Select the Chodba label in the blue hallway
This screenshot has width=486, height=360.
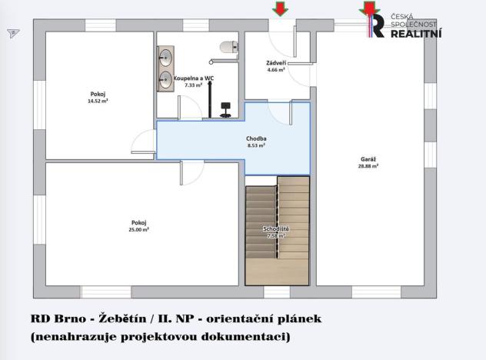tap(257, 138)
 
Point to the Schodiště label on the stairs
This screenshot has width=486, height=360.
tap(276, 230)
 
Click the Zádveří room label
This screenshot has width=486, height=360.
tap(276, 62)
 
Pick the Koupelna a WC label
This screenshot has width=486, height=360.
tap(193, 78)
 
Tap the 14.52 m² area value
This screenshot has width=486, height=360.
tap(98, 101)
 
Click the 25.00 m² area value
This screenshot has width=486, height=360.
tap(139, 229)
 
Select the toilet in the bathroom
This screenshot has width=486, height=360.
tap(226, 47)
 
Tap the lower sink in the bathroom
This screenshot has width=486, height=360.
tap(165, 77)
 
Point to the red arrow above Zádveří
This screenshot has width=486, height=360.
tap(279, 9)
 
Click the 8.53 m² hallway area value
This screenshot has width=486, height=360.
tap(257, 145)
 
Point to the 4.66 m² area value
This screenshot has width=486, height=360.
tap(276, 70)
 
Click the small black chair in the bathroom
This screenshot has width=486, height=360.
tap(225, 108)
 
